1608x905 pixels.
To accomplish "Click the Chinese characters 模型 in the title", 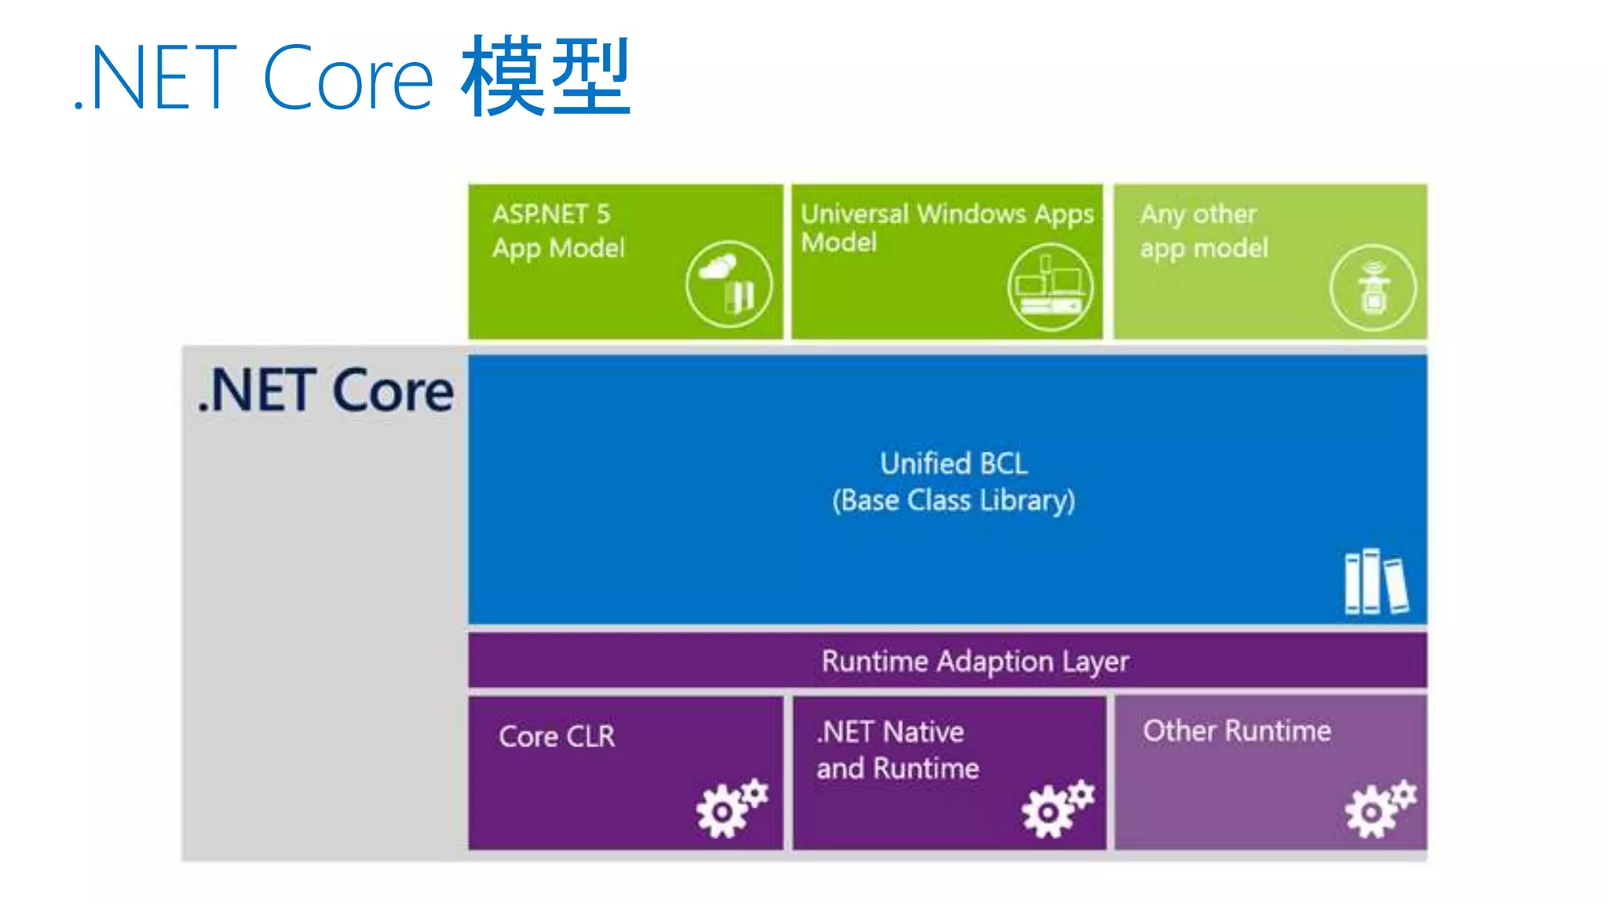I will pos(546,77).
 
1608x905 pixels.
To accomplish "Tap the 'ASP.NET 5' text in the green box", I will pos(551,214).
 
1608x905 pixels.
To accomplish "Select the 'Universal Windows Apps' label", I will pos(947,214).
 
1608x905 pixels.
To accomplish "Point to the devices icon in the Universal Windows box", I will pos(1051,287).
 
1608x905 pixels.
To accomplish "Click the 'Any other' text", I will pos(1198,214).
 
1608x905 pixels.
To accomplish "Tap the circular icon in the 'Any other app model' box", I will pos(1372,288).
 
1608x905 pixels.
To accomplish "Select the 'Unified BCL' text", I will pos(953,463).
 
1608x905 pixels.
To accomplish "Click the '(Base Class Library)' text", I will pos(953,500).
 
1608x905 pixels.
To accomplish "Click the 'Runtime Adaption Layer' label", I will pos(975,661).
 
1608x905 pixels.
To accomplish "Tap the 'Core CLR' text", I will pos(557,736).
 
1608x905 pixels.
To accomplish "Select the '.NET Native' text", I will pos(890,732).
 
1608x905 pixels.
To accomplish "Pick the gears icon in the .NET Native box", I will pos(1057,808).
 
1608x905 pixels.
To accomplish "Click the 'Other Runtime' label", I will pos(1237,731).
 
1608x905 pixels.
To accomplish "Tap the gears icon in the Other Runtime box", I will pos(1380,808).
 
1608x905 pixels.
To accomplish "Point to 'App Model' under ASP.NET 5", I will pos(558,248).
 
